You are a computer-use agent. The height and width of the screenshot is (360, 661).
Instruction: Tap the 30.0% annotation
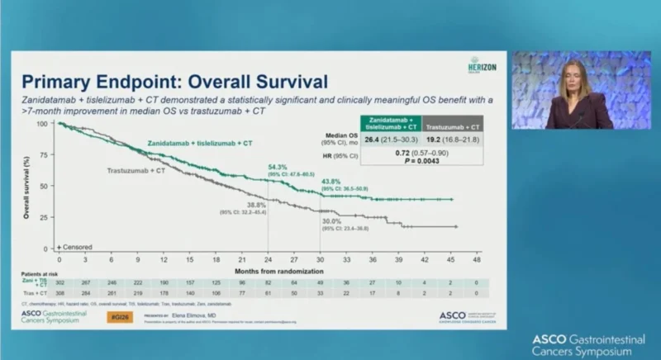331,221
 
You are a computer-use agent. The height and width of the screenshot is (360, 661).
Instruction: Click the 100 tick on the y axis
41,124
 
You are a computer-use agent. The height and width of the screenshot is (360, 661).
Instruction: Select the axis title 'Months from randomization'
269,270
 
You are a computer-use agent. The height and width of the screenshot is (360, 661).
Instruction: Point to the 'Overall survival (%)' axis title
28,186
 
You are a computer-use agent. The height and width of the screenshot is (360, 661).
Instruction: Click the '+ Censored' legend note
74,247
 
